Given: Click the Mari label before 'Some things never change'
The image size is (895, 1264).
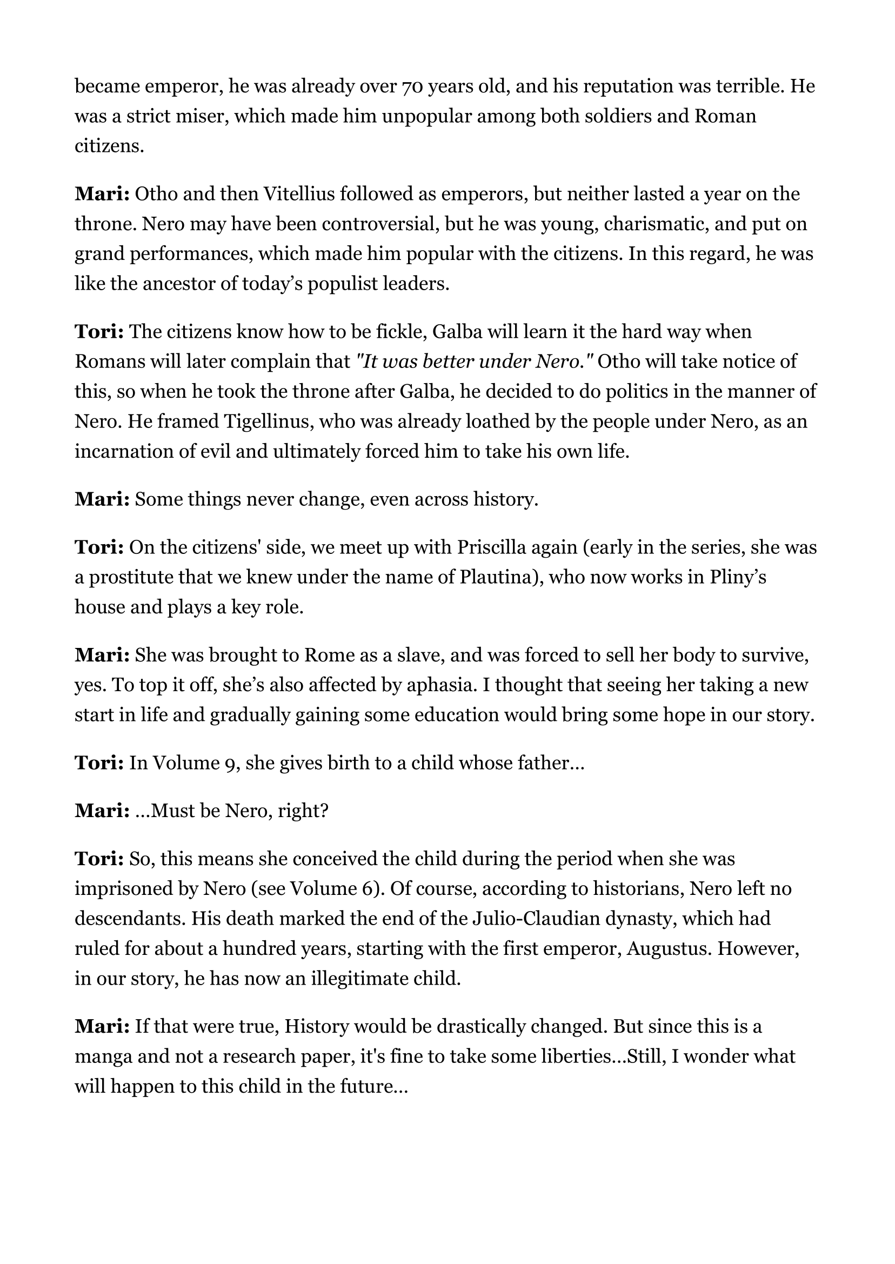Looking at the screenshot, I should tap(102, 499).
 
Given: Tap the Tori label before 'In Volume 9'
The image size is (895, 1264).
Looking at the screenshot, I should tap(99, 763).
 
